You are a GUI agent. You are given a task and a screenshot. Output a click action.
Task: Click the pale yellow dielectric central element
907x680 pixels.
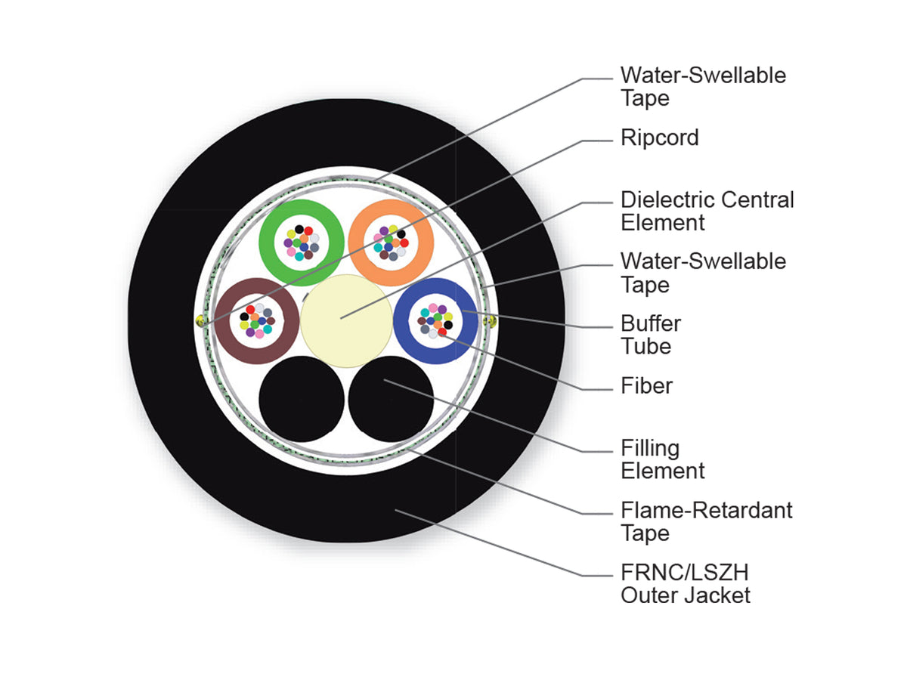[346, 321]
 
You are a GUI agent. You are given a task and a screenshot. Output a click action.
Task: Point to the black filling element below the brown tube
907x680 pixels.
[302, 399]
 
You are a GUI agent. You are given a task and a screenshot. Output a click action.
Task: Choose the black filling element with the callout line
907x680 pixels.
[391, 399]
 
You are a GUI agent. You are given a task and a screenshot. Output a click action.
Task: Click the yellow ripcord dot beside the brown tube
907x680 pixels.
[200, 320]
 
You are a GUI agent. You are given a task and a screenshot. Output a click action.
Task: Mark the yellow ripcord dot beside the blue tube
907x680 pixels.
[492, 321]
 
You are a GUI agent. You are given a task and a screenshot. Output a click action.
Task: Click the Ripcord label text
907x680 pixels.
[660, 138]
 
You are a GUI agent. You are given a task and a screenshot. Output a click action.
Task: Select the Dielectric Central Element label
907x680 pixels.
[707, 211]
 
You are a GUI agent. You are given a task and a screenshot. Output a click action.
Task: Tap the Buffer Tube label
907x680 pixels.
[651, 335]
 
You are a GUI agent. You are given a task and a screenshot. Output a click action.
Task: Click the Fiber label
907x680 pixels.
[647, 386]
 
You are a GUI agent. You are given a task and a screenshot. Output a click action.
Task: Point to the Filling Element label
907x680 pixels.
[662, 459]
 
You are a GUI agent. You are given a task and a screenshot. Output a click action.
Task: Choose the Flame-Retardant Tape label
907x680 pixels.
[707, 521]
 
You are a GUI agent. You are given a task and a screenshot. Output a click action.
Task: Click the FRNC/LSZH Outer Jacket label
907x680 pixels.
[685, 584]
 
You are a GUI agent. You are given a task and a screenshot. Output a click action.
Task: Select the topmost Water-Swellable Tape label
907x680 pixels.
[703, 87]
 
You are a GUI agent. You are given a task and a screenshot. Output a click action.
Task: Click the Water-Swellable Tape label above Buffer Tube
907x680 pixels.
[703, 273]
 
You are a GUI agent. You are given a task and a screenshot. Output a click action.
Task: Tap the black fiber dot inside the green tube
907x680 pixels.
[299, 229]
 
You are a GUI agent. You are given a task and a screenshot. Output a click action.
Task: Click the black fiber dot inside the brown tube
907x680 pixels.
[244, 317]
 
